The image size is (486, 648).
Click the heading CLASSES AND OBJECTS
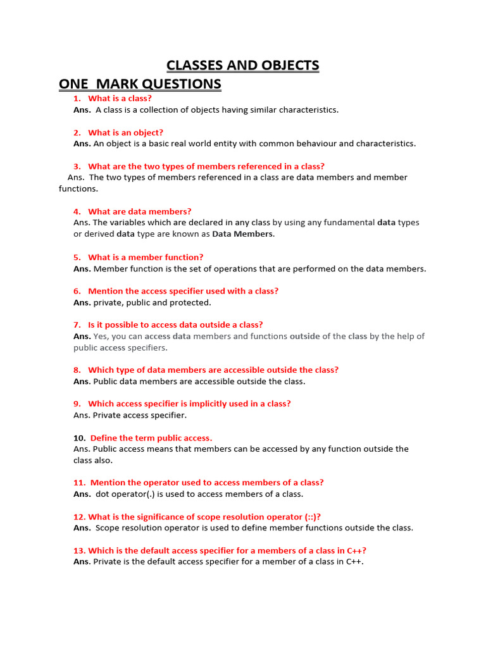pyautogui.click(x=242, y=65)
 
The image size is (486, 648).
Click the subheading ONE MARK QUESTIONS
pyautogui.click(x=140, y=84)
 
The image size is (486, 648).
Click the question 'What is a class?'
pyautogui.click(x=120, y=99)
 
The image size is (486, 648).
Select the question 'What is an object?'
pyautogui.click(x=125, y=133)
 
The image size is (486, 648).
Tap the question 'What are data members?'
pyautogui.click(x=139, y=211)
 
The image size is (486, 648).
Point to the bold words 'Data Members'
pyautogui.click(x=242, y=234)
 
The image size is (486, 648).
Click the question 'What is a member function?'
pyautogui.click(x=146, y=258)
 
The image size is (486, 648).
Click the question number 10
pyautogui.click(x=79, y=438)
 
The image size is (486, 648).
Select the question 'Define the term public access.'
pyautogui.click(x=151, y=438)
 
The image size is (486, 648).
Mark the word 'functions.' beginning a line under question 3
pyautogui.click(x=78, y=189)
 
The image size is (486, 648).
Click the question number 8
pyautogui.click(x=77, y=370)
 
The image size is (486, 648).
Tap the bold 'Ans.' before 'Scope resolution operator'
pyautogui.click(x=82, y=528)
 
